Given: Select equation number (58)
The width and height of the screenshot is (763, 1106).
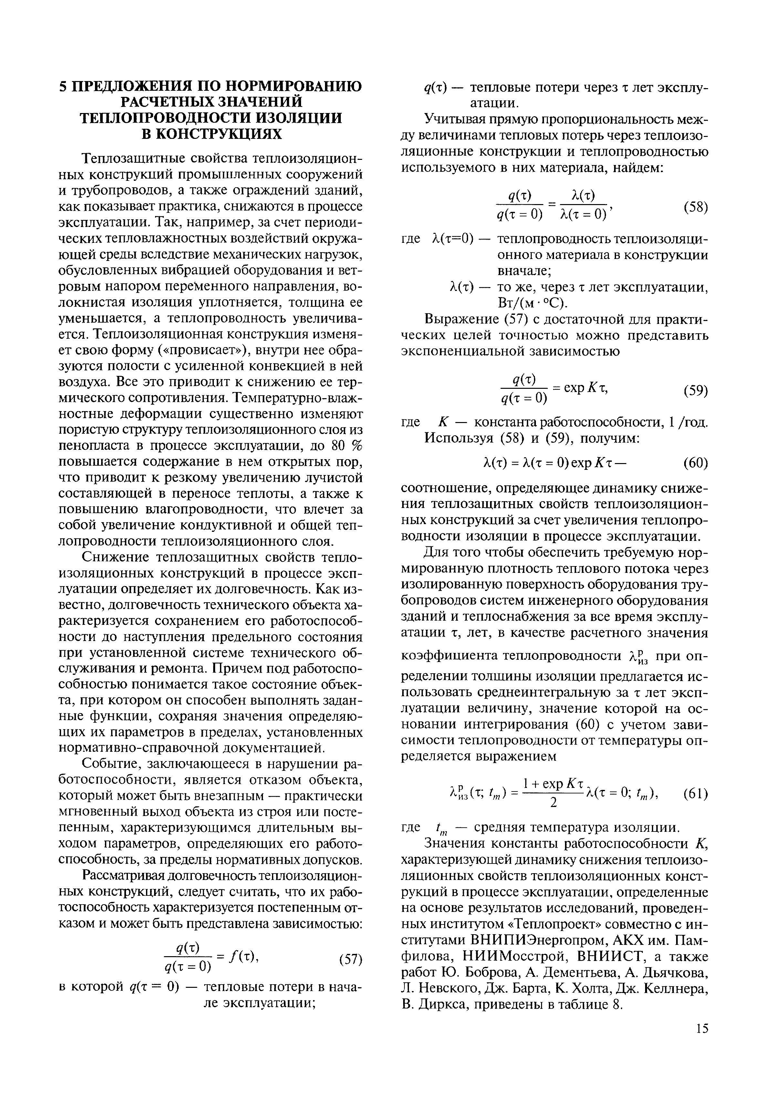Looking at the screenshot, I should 695,207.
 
